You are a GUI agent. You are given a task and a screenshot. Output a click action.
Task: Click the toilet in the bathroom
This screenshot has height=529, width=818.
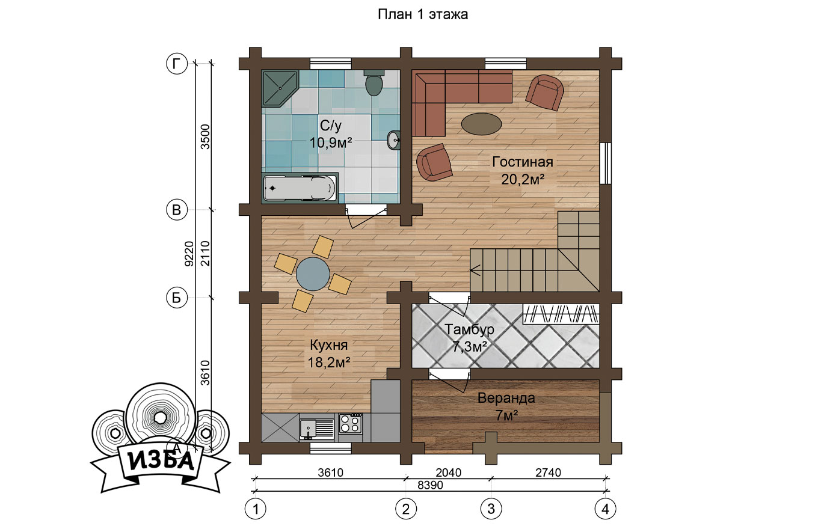[374, 82]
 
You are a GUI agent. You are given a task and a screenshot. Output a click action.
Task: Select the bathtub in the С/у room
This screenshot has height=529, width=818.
[300, 188]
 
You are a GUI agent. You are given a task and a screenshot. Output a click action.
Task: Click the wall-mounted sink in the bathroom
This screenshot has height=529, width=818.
[393, 140]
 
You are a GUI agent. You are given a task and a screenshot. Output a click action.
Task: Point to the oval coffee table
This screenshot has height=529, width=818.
[481, 124]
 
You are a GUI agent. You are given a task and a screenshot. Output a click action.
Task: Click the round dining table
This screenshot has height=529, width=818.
[313, 274]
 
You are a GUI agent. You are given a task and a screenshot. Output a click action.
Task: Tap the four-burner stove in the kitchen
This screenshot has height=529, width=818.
[350, 423]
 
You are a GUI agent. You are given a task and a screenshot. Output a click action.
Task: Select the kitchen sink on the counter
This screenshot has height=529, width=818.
[316, 428]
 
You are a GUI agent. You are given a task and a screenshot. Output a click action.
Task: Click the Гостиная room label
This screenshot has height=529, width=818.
[523, 162]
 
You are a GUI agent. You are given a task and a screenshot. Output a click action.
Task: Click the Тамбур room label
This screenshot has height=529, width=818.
[469, 329]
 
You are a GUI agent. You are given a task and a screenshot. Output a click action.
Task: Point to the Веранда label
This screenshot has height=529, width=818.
[506, 398]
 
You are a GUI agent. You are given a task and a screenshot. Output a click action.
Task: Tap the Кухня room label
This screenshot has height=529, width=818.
[328, 345]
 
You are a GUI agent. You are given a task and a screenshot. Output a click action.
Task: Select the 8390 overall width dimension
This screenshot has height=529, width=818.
[430, 485]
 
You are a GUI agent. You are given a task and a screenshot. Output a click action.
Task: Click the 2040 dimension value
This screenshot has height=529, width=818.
[449, 472]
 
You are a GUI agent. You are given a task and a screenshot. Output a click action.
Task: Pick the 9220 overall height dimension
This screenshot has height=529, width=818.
[189, 254]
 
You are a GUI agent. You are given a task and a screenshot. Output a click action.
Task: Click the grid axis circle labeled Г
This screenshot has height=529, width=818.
[177, 64]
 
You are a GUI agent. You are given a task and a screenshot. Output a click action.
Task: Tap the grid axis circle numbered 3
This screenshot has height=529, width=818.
[491, 509]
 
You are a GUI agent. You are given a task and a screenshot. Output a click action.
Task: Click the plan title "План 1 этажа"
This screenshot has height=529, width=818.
[422, 14]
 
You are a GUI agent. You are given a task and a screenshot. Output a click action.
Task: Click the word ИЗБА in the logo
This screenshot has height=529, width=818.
[161, 462]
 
